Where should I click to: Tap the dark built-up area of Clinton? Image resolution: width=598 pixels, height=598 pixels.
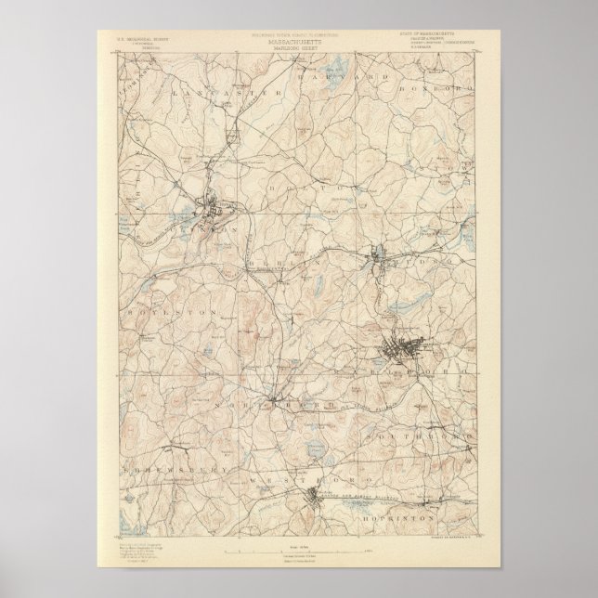(x=218, y=210)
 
